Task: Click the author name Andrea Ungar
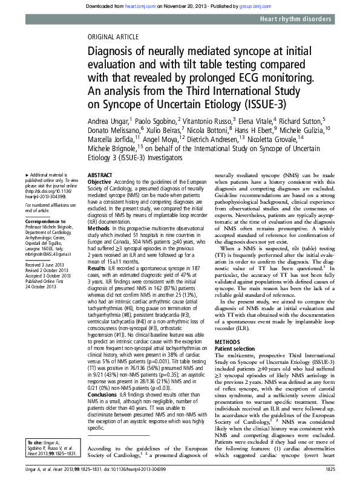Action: coord(108,121)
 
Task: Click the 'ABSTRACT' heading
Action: coord(100,174)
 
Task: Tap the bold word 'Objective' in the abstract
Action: coord(100,181)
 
